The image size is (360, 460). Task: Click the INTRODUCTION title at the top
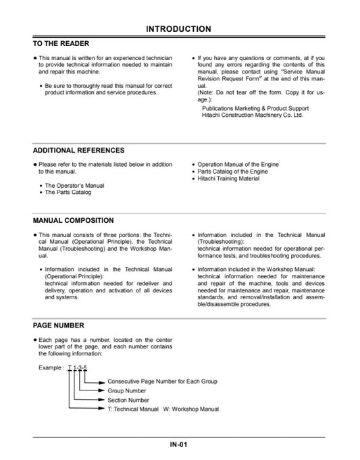coord(179,29)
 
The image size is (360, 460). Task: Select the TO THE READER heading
coord(61,43)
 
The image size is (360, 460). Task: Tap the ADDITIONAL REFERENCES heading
coord(78,151)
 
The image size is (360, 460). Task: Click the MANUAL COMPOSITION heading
coord(73,221)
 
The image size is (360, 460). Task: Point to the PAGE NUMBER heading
coord(59,326)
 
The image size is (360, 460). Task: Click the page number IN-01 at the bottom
coord(179,444)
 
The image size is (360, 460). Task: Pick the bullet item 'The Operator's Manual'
coord(74,185)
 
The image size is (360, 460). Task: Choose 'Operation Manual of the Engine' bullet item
coord(238,165)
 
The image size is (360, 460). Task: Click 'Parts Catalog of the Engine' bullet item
coord(232,172)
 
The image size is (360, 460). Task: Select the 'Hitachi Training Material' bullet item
coord(229,178)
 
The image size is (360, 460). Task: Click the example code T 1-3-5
coord(82,368)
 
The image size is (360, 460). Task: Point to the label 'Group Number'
coord(126,390)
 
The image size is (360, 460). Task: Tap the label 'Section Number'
coord(128,399)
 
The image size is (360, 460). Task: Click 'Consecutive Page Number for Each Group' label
coord(162,382)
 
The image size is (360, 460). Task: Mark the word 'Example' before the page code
coord(51,368)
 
